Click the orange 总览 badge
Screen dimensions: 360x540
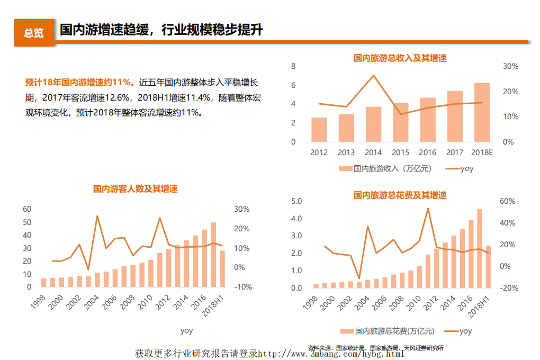34,33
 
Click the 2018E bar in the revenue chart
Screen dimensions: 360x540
482,113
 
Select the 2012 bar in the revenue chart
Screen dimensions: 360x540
319,130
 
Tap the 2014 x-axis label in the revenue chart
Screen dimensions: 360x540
373,153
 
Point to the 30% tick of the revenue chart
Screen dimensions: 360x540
510,66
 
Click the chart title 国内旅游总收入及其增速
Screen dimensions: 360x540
400,58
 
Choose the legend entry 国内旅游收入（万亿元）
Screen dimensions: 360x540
385,169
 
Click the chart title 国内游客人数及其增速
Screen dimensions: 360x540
136,188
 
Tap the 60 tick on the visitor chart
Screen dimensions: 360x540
28,209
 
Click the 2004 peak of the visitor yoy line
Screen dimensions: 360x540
97,215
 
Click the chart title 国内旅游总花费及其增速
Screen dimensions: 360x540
400,195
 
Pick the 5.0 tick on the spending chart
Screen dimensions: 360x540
296,201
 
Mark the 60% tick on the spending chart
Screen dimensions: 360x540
508,201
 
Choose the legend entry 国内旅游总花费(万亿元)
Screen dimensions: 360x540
388,331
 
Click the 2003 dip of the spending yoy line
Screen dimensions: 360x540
359,278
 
